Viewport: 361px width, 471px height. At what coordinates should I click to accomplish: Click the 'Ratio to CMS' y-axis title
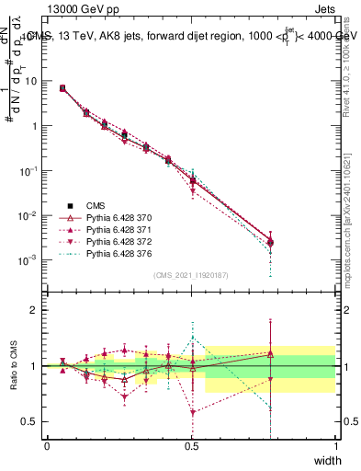click(15, 366)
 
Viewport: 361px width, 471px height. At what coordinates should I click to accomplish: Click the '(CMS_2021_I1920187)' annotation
click(192, 275)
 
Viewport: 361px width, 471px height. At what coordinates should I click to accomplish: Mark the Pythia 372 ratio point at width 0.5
click(192, 412)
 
